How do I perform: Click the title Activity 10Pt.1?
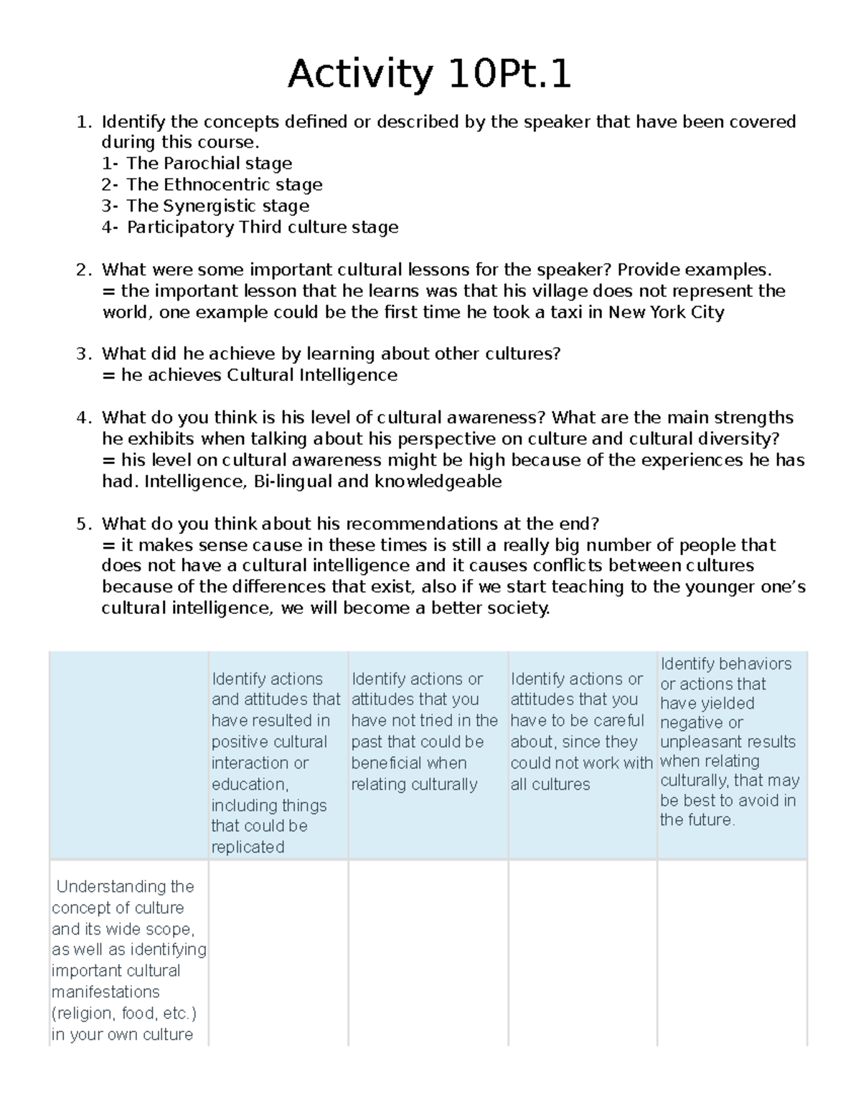click(x=429, y=74)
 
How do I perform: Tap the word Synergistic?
click(x=201, y=206)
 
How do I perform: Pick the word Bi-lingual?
click(x=292, y=481)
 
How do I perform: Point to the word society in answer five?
click(x=515, y=608)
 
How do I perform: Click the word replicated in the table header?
click(x=248, y=847)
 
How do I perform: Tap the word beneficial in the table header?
click(x=408, y=763)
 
